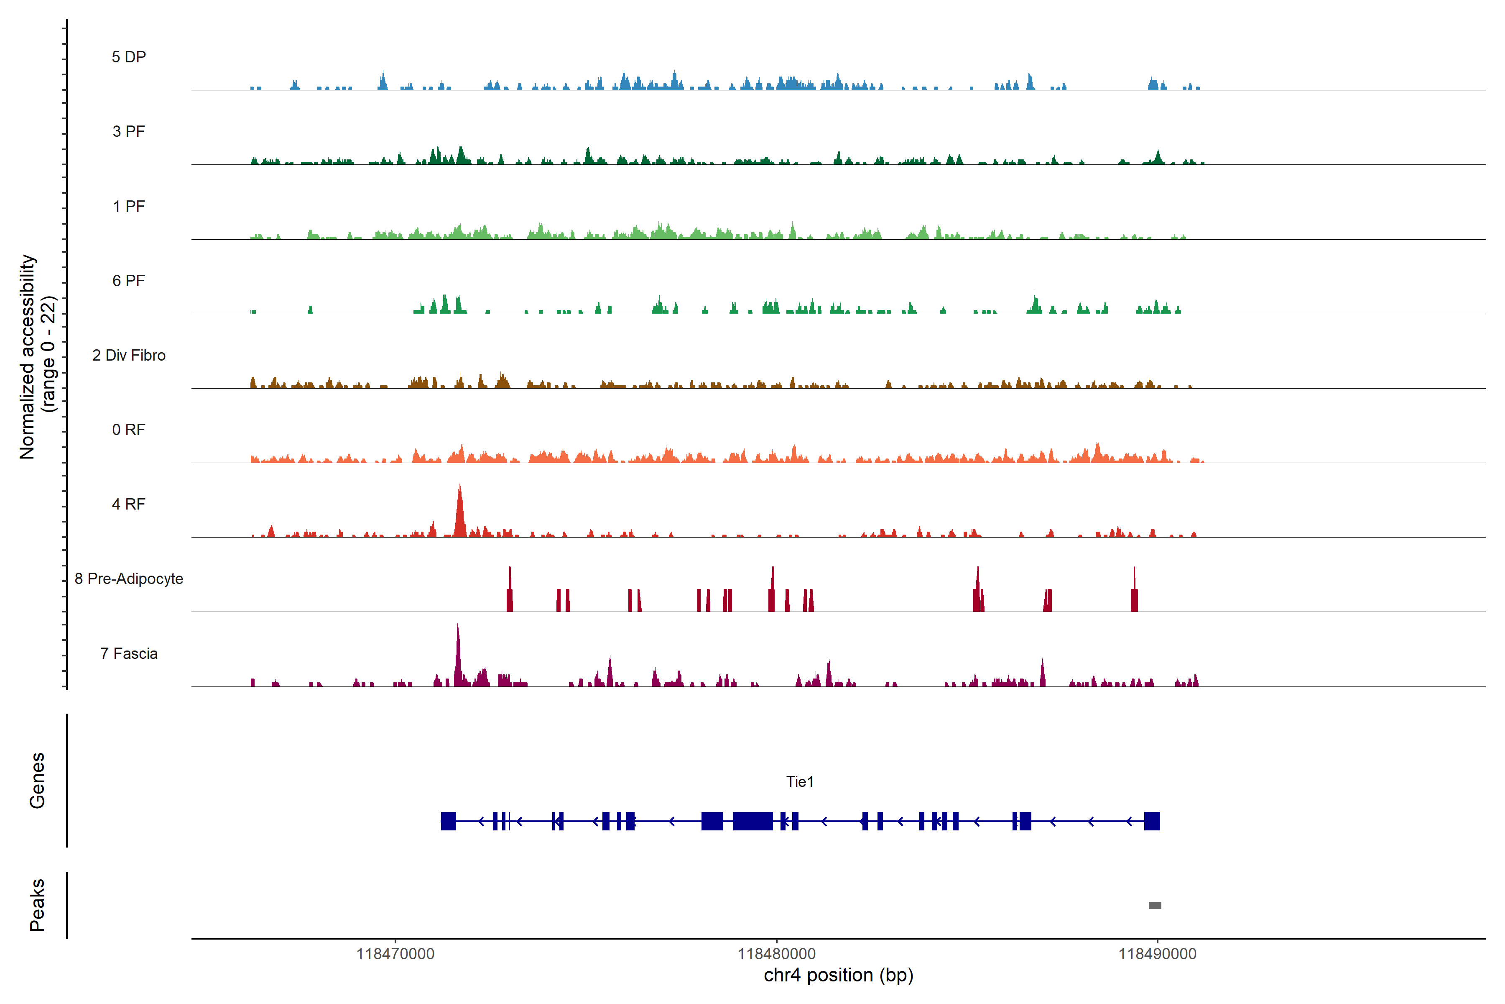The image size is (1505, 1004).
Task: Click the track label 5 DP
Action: [129, 57]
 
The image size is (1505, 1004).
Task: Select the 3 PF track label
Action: [129, 131]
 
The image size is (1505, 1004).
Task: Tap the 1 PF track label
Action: [129, 206]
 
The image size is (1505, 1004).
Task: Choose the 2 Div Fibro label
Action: [129, 355]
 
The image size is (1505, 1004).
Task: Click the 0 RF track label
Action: [129, 430]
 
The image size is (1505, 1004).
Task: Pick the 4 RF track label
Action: [129, 504]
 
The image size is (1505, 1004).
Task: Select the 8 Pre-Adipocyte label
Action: [129, 579]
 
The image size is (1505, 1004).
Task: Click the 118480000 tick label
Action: [776, 954]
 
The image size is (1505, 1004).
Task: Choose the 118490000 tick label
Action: [1157, 954]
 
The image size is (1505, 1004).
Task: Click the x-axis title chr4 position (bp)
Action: [838, 975]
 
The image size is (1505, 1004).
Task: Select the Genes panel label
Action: [37, 781]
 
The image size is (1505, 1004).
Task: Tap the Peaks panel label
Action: [37, 905]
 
